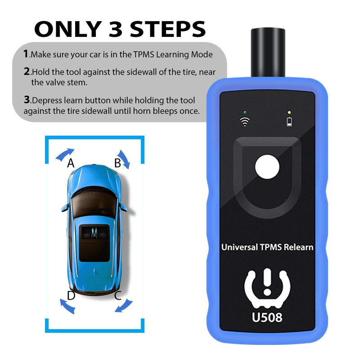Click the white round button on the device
click(x=267, y=167)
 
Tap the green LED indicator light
click(x=245, y=112)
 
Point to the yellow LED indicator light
click(x=289, y=112)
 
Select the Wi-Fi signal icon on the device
click(x=245, y=121)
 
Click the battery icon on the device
click(x=289, y=121)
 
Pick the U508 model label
click(x=267, y=317)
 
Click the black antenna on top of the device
click(x=268, y=53)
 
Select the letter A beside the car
click(x=71, y=163)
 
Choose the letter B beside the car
click(x=117, y=163)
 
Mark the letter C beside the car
click(x=118, y=295)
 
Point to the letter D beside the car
click(x=71, y=296)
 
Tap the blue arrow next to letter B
click(x=125, y=159)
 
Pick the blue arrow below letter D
click(x=67, y=306)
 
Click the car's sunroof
click(x=94, y=243)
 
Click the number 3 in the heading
click(x=115, y=29)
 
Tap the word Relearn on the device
click(x=298, y=247)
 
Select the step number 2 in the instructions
click(x=27, y=72)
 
